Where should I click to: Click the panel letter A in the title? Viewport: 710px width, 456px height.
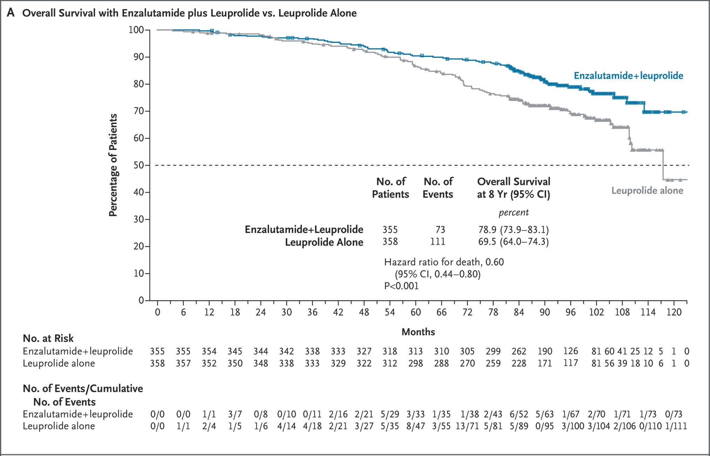tap(11, 13)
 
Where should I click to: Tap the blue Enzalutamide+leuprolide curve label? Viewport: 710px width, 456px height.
tap(628, 75)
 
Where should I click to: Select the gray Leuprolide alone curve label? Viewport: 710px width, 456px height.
tap(647, 190)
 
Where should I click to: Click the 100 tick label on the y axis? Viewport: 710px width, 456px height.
tap(136, 30)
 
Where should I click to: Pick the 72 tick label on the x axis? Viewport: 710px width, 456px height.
tap(467, 312)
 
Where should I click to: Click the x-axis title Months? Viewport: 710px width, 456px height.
tap(418, 332)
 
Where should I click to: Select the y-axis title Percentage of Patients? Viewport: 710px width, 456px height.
tap(113, 165)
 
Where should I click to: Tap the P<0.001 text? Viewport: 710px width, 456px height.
tap(401, 286)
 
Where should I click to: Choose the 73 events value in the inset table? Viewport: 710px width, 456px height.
tap(440, 229)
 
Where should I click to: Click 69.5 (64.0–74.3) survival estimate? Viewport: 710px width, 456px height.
tap(513, 242)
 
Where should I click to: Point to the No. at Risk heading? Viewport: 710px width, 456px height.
tap(48, 338)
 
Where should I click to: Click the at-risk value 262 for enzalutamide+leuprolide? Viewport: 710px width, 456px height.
tap(519, 351)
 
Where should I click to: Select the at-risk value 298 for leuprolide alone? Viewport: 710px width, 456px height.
tap(416, 363)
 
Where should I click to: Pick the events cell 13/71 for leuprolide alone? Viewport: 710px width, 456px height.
tap(467, 426)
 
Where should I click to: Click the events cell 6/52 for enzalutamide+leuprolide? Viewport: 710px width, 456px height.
tap(519, 414)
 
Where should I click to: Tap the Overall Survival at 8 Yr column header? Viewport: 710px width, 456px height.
tap(513, 188)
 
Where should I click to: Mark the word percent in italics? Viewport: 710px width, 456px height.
tap(513, 212)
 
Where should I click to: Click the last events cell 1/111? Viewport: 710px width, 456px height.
tap(676, 426)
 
